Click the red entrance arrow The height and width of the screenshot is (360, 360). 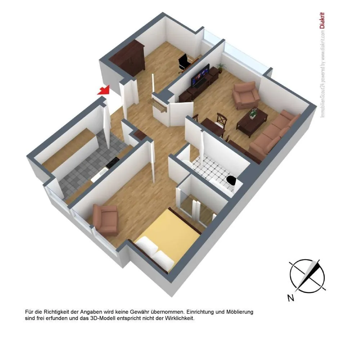click(x=104, y=90)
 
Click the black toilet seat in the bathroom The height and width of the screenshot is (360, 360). click(x=231, y=180)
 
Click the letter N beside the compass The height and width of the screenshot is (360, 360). click(x=291, y=298)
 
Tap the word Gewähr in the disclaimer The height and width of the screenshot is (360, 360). click(x=139, y=312)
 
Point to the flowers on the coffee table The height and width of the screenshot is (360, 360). click(x=253, y=113)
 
